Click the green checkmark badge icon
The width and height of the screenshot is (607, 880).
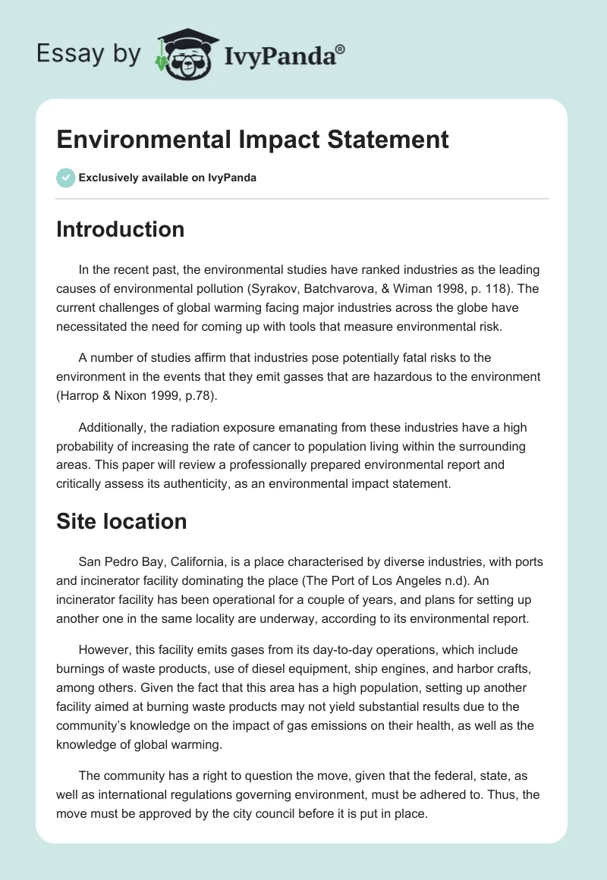pyautogui.click(x=65, y=178)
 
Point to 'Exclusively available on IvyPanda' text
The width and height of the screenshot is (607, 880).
pyautogui.click(x=168, y=178)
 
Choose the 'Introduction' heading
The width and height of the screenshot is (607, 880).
pyautogui.click(x=120, y=229)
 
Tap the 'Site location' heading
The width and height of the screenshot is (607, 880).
pyautogui.click(x=121, y=521)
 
